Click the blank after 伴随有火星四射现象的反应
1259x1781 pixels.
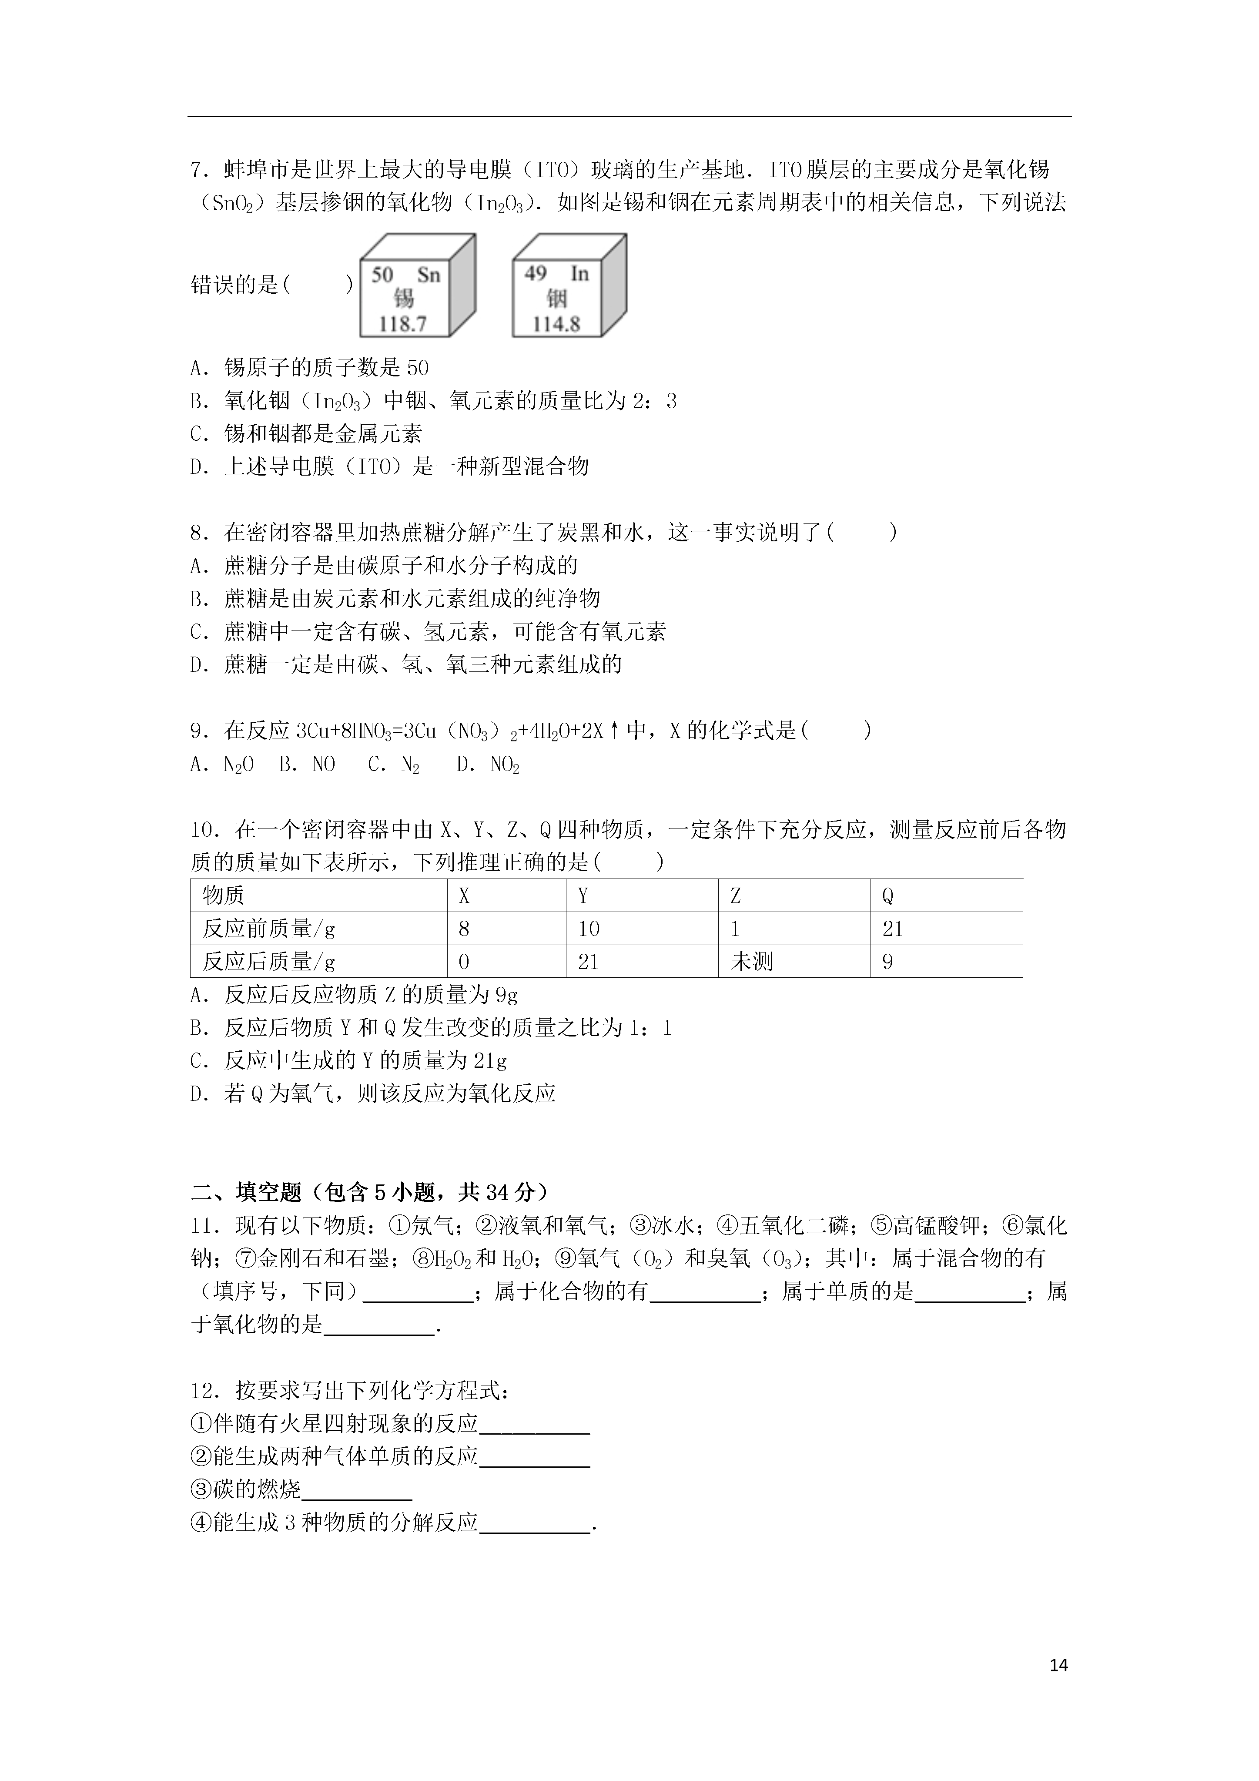[x=535, y=1424]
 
